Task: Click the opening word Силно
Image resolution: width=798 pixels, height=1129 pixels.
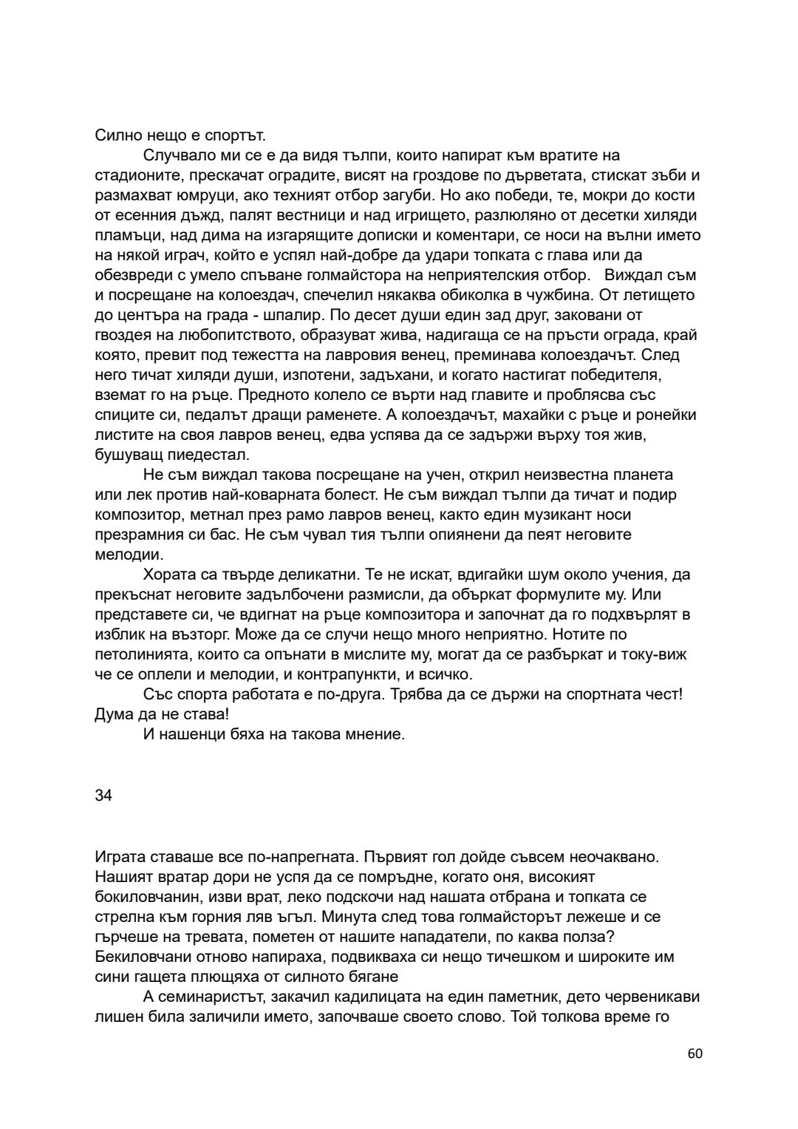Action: click(x=116, y=135)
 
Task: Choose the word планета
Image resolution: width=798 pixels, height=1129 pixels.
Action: click(x=644, y=475)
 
